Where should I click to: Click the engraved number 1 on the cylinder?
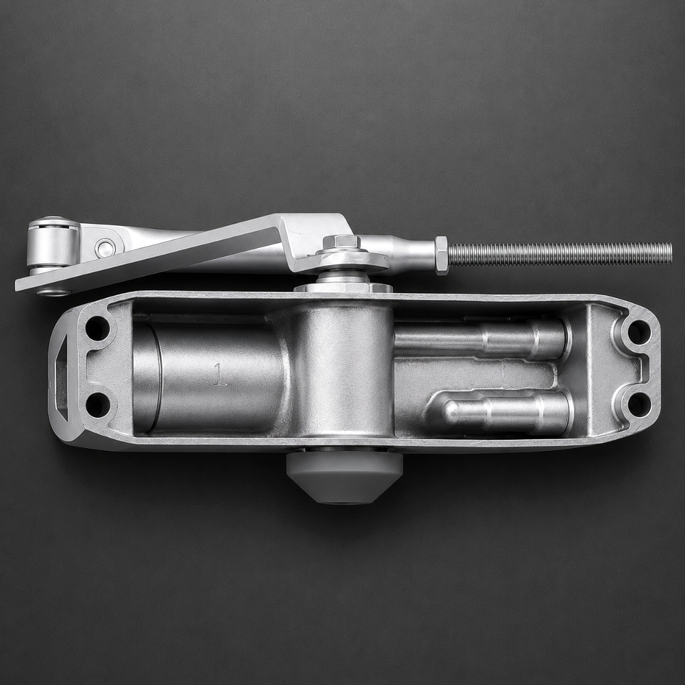(220, 375)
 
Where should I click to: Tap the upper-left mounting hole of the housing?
(97, 327)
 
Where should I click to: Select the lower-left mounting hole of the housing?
(97, 405)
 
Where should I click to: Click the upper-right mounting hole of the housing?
(638, 332)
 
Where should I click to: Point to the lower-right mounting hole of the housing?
(638, 404)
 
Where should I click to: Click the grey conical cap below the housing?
(345, 477)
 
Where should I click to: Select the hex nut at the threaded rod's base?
(441, 255)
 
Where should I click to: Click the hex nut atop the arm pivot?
(342, 242)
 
